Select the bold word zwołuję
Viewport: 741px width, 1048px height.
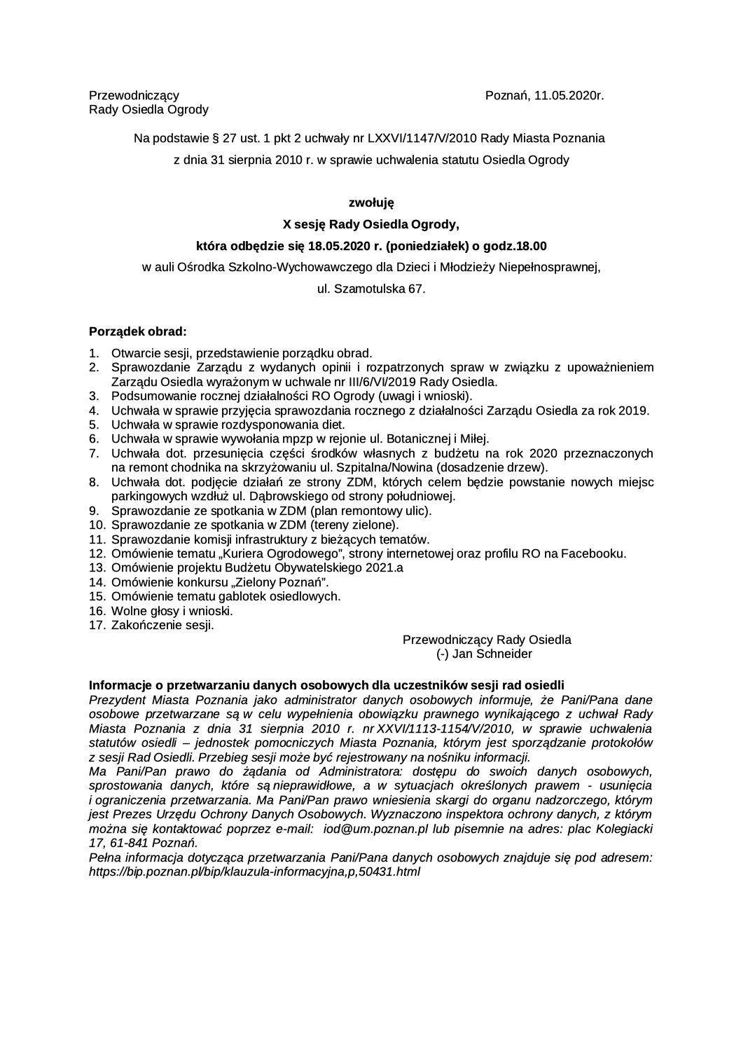click(x=371, y=203)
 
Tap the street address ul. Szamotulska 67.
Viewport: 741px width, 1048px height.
click(x=371, y=289)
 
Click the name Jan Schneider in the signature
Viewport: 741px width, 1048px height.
click(x=492, y=654)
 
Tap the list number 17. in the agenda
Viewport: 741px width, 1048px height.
click(x=97, y=625)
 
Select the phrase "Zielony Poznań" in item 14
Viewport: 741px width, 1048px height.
click(x=284, y=582)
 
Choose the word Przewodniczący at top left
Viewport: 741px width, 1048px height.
click(x=134, y=95)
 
